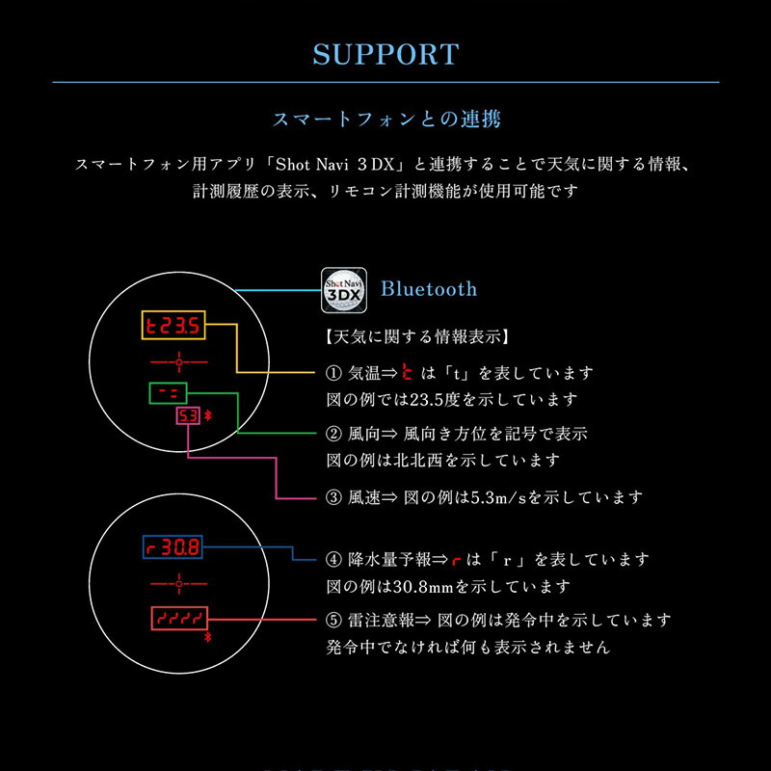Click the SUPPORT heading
click(x=386, y=54)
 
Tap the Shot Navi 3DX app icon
click(x=344, y=290)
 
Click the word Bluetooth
click(x=429, y=289)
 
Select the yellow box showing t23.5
click(x=173, y=325)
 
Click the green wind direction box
click(x=168, y=393)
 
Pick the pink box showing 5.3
click(x=188, y=416)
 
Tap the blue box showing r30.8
click(x=173, y=546)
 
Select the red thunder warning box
click(x=179, y=618)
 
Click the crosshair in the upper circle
click(x=179, y=362)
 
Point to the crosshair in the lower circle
click(x=179, y=584)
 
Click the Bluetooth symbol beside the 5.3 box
click(x=208, y=416)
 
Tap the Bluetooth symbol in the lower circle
click(x=207, y=638)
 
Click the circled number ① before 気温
click(x=333, y=373)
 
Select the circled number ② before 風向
click(x=333, y=434)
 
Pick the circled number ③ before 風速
click(x=333, y=497)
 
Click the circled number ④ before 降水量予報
click(x=333, y=560)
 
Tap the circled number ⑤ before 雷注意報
click(x=333, y=621)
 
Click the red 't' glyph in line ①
click(x=407, y=372)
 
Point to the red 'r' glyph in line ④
click(x=456, y=561)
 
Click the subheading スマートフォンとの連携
click(x=386, y=120)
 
